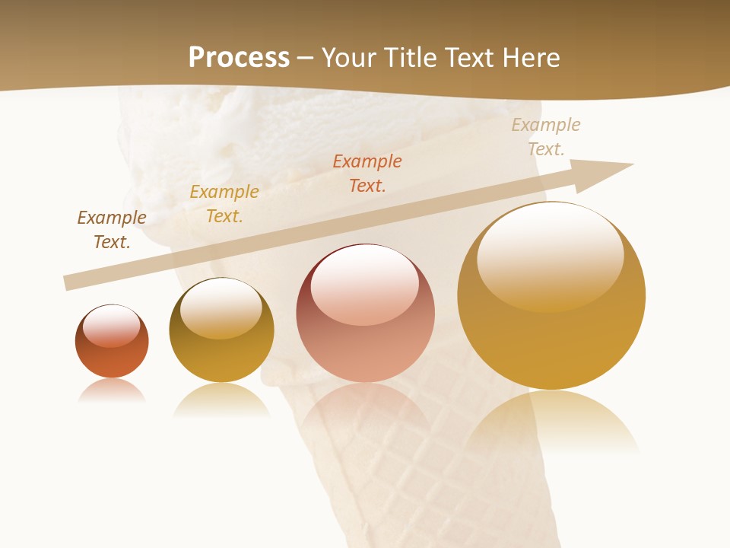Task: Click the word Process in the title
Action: (x=239, y=57)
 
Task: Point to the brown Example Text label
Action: (x=112, y=229)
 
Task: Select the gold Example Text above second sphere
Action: (x=224, y=203)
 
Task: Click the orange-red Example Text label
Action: (x=367, y=173)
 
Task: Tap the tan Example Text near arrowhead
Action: (x=546, y=136)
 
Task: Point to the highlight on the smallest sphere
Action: (x=112, y=327)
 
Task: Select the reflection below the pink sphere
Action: (x=365, y=407)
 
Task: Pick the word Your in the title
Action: (x=350, y=57)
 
